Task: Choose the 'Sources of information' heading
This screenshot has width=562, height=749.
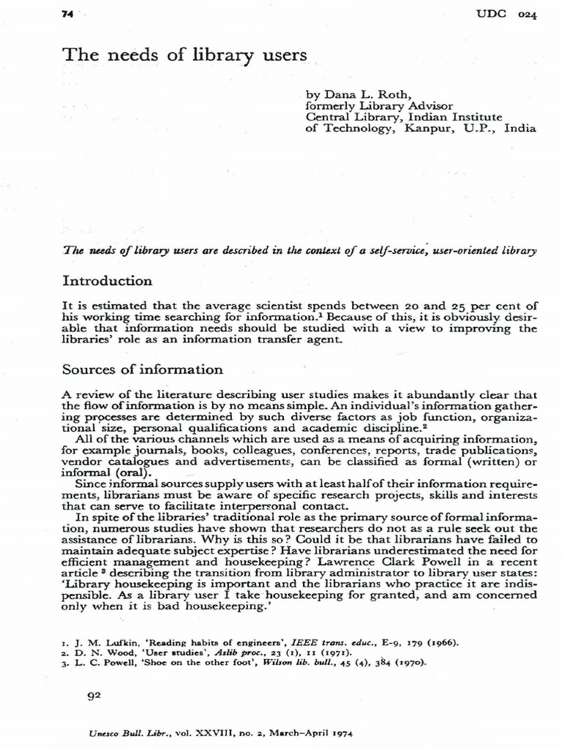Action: pos(143,369)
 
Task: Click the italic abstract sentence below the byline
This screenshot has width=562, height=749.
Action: pos(300,250)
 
